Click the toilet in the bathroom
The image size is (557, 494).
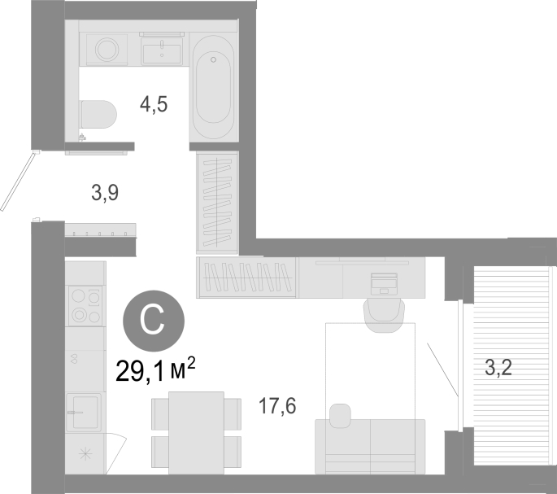pyautogui.click(x=98, y=114)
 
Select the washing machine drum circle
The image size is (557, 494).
pyautogui.click(x=107, y=50)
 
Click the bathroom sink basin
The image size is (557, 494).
pyautogui.click(x=162, y=51)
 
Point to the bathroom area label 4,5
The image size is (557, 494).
pyautogui.click(x=154, y=104)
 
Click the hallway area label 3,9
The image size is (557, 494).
pyautogui.click(x=105, y=193)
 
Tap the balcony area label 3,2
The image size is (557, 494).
pyautogui.click(x=498, y=368)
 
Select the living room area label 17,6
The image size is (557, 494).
pyautogui.click(x=277, y=406)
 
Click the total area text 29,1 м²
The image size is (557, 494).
pyautogui.click(x=155, y=369)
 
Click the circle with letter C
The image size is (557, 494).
pyautogui.click(x=154, y=321)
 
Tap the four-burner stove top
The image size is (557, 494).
pyautogui.click(x=85, y=306)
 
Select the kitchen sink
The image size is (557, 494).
pyautogui.click(x=84, y=412)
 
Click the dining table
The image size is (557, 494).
pyautogui.click(x=197, y=433)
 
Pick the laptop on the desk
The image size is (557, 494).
pyautogui.click(x=384, y=284)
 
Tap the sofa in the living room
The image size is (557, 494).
pyautogui.click(x=370, y=446)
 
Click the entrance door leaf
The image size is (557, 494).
pyautogui.click(x=20, y=181)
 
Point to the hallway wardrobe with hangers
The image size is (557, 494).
pyautogui.click(x=217, y=203)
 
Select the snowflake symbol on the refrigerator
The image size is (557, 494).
pyautogui.click(x=85, y=454)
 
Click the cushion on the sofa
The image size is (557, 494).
pyautogui.click(x=341, y=415)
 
